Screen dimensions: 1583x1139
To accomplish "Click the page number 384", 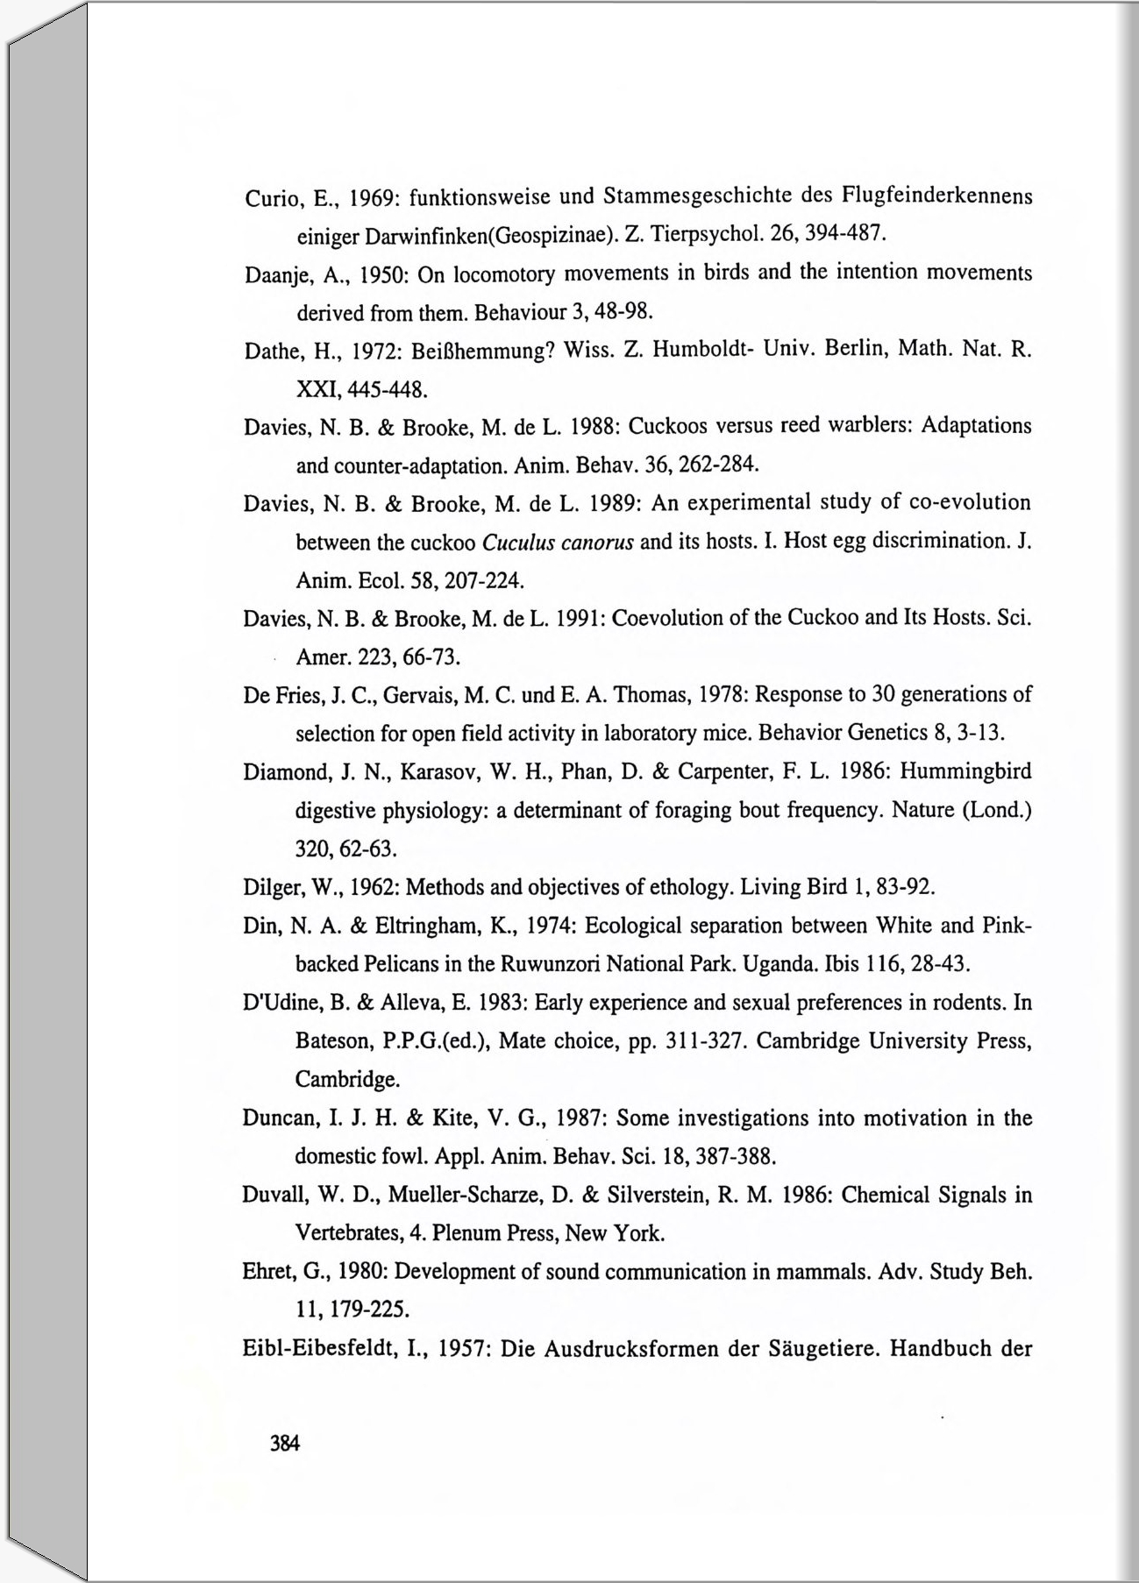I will [x=285, y=1444].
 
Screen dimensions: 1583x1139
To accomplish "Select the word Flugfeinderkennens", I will [x=936, y=194].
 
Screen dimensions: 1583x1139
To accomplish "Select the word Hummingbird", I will [x=965, y=771].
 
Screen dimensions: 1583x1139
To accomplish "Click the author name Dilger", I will [x=270, y=888].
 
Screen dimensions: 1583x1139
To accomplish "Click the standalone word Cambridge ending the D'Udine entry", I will [x=346, y=1079].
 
